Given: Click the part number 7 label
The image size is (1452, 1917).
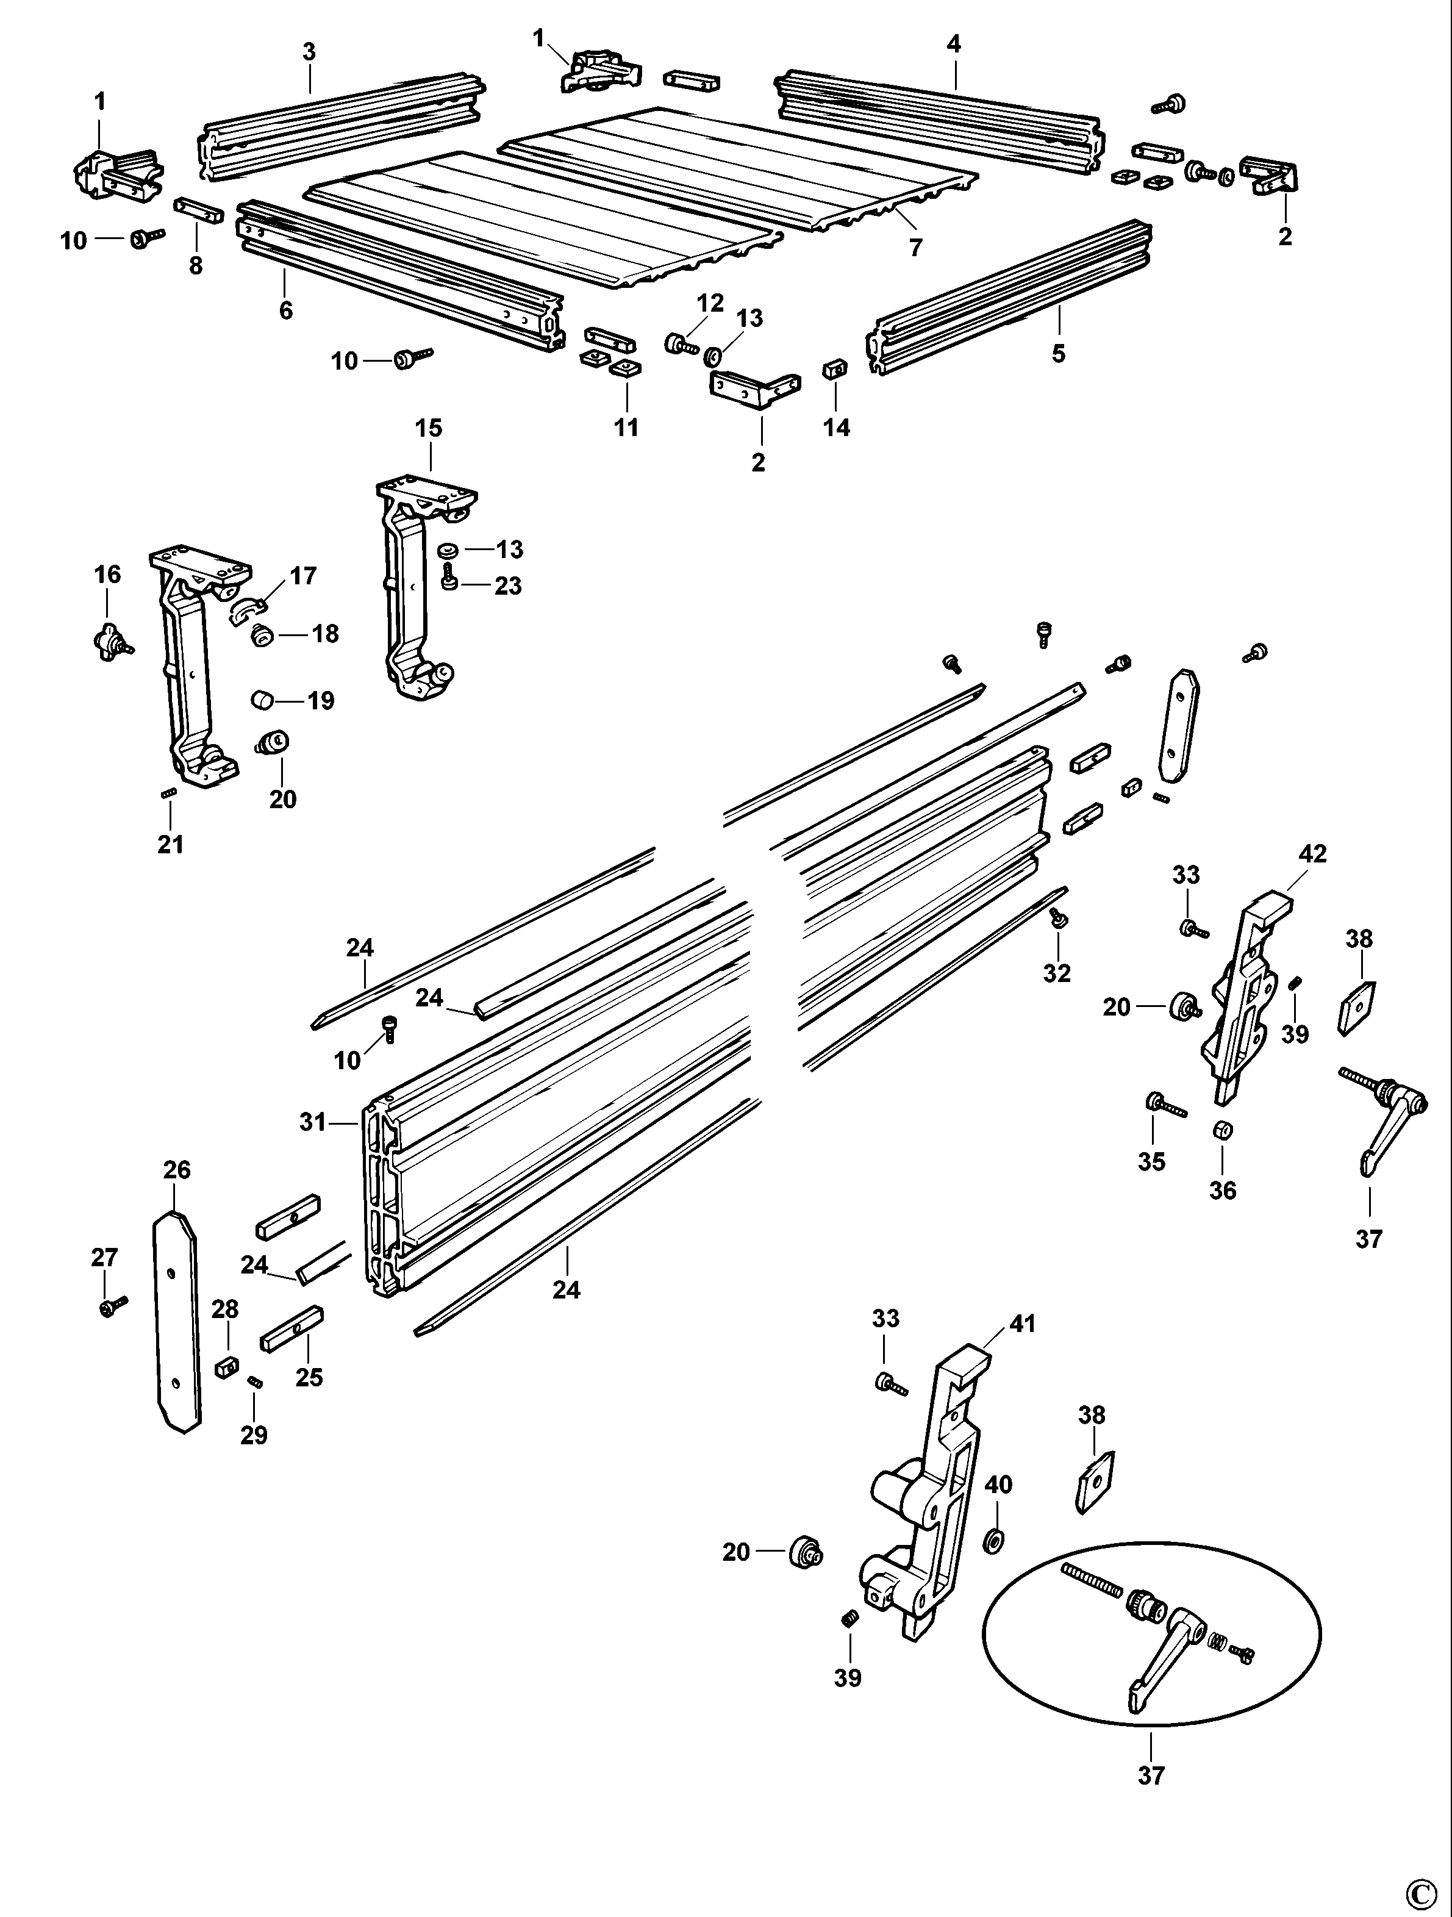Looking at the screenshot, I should pyautogui.click(x=916, y=248).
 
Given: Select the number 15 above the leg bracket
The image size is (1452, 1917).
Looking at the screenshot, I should pyautogui.click(x=428, y=428).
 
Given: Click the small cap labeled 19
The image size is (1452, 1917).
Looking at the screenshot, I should pyautogui.click(x=263, y=700).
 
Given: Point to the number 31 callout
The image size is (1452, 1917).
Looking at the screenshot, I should pyautogui.click(x=311, y=1122).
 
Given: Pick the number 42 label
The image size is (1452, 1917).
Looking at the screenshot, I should pyautogui.click(x=1312, y=854).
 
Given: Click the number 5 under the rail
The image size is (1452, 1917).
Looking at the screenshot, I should pyautogui.click(x=1058, y=354).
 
